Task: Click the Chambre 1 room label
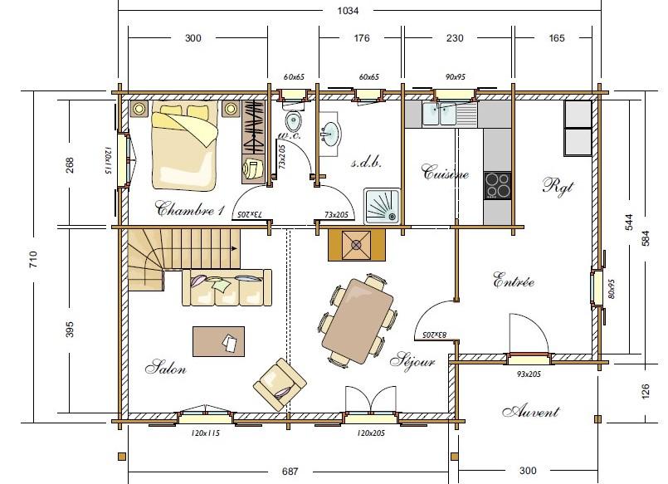click(190, 208)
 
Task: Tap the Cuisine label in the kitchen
click(445, 172)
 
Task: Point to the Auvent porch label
click(531, 411)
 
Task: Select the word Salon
click(166, 367)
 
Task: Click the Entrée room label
click(514, 281)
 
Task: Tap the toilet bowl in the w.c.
click(293, 121)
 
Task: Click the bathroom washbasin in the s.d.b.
click(331, 133)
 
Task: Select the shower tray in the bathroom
click(382, 206)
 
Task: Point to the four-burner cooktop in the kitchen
click(497, 185)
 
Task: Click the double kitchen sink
click(439, 114)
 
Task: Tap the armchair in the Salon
click(280, 384)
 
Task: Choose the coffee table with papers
click(218, 341)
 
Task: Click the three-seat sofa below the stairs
click(227, 287)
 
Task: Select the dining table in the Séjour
click(358, 320)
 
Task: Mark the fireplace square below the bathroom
click(357, 245)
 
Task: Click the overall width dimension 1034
click(348, 11)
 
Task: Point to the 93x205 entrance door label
click(529, 374)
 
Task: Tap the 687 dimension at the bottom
click(290, 472)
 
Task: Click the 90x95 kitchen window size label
click(455, 77)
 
